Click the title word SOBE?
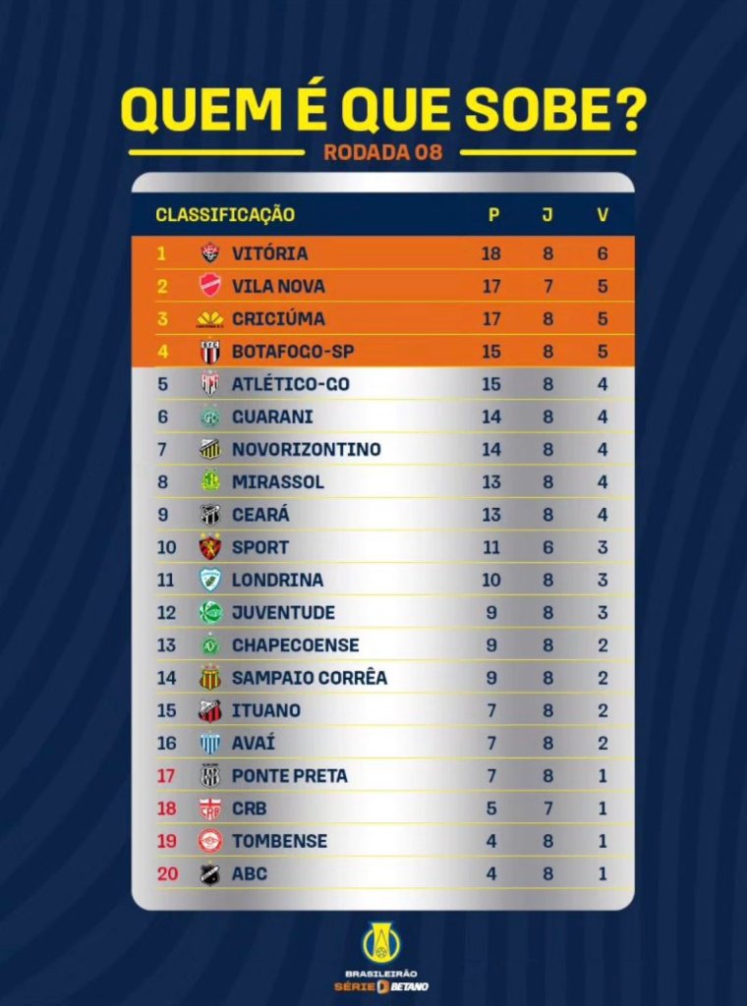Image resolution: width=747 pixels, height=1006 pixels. (554, 111)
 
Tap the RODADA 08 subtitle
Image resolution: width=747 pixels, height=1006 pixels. (382, 152)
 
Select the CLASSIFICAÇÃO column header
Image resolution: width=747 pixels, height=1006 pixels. (225, 214)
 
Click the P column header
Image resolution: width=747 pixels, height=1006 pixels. (493, 214)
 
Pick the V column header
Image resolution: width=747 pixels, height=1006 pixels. (603, 214)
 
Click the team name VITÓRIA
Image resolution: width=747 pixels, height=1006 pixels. (269, 253)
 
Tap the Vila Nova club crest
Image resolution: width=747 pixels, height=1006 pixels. (209, 286)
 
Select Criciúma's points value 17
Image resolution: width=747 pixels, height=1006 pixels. (491, 318)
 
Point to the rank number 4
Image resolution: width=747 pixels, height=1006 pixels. (162, 351)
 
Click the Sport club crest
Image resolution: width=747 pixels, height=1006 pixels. (209, 547)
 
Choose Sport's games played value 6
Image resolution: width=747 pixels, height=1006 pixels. (547, 547)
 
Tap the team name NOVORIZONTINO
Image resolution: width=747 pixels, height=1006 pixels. (306, 449)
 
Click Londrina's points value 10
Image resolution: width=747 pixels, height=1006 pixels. (491, 580)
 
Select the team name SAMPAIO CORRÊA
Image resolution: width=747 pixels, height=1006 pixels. (309, 678)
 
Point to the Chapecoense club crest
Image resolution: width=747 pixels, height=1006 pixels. (209, 645)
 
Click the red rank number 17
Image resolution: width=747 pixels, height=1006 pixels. (166, 776)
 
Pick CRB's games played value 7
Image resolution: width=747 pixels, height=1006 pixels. (547, 809)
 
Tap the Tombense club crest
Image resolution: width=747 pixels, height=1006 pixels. (209, 841)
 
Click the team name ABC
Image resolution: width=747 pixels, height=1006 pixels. (249, 873)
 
